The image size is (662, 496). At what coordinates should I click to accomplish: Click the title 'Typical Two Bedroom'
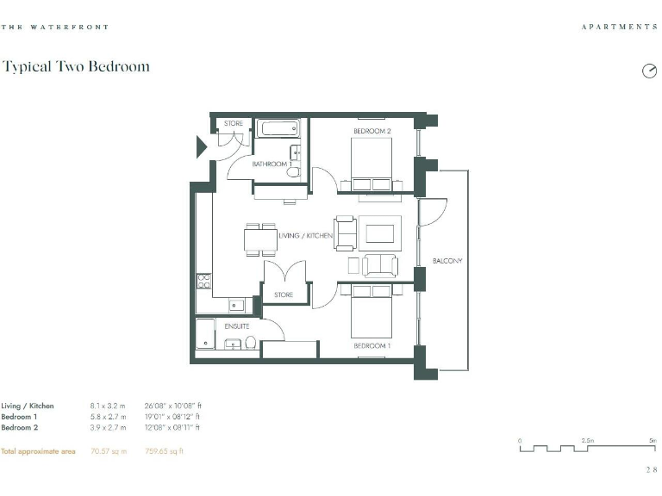76,66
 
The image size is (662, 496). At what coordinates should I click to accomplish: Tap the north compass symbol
649,71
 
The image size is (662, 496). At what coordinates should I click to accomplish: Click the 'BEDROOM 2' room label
372,131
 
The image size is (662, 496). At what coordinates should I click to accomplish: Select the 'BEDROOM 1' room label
372,345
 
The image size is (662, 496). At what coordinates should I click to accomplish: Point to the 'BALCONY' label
448,261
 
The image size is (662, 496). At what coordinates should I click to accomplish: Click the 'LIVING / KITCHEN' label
305,235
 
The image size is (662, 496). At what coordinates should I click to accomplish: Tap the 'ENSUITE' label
237,326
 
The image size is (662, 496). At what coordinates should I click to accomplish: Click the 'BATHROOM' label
270,164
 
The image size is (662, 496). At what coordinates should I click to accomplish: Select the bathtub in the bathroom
278,129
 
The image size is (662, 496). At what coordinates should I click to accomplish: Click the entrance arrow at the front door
202,146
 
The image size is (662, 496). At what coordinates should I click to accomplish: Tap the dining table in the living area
261,239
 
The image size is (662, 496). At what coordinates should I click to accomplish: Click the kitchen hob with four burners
204,280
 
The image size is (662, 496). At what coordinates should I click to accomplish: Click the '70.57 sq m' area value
109,451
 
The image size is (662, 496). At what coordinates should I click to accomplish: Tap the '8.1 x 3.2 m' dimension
109,406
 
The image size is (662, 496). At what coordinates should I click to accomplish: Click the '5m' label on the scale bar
652,440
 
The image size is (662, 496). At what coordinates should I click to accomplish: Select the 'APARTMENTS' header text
619,28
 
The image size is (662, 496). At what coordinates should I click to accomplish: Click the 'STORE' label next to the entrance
234,124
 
